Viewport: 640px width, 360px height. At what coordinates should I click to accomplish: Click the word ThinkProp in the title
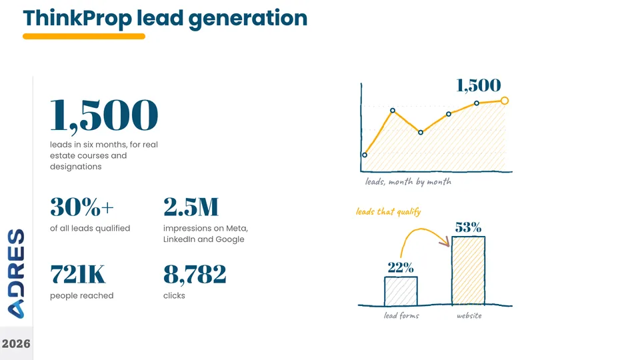[x=77, y=19]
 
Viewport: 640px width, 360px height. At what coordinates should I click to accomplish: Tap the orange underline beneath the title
[x=84, y=36]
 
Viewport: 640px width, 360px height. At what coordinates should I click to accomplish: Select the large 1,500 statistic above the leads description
[x=104, y=116]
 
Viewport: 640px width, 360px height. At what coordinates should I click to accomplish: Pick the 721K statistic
[x=77, y=274]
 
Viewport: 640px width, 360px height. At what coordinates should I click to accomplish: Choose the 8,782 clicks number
[x=195, y=274]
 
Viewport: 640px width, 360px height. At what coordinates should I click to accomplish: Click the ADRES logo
[x=16, y=273]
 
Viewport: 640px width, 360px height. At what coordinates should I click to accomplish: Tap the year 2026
[x=16, y=344]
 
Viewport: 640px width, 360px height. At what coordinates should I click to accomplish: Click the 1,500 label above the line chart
[x=479, y=86]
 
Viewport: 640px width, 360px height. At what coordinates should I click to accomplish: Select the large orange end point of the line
[x=505, y=101]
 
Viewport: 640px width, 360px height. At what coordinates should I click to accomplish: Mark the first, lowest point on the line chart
[x=365, y=155]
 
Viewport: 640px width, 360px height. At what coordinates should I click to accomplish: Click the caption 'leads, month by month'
[x=408, y=181]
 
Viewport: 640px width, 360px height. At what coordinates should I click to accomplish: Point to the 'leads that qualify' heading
[x=388, y=211]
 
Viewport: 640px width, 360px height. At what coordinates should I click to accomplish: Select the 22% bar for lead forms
[x=401, y=291]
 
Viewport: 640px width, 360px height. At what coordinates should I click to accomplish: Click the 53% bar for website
[x=469, y=271]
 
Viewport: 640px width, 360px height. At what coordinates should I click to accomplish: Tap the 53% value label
[x=469, y=227]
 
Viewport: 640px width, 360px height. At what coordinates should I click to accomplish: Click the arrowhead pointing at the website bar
[x=445, y=243]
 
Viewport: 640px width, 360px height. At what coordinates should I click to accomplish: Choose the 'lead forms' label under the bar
[x=401, y=315]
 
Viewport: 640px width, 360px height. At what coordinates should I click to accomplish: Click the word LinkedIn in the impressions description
[x=179, y=239]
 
